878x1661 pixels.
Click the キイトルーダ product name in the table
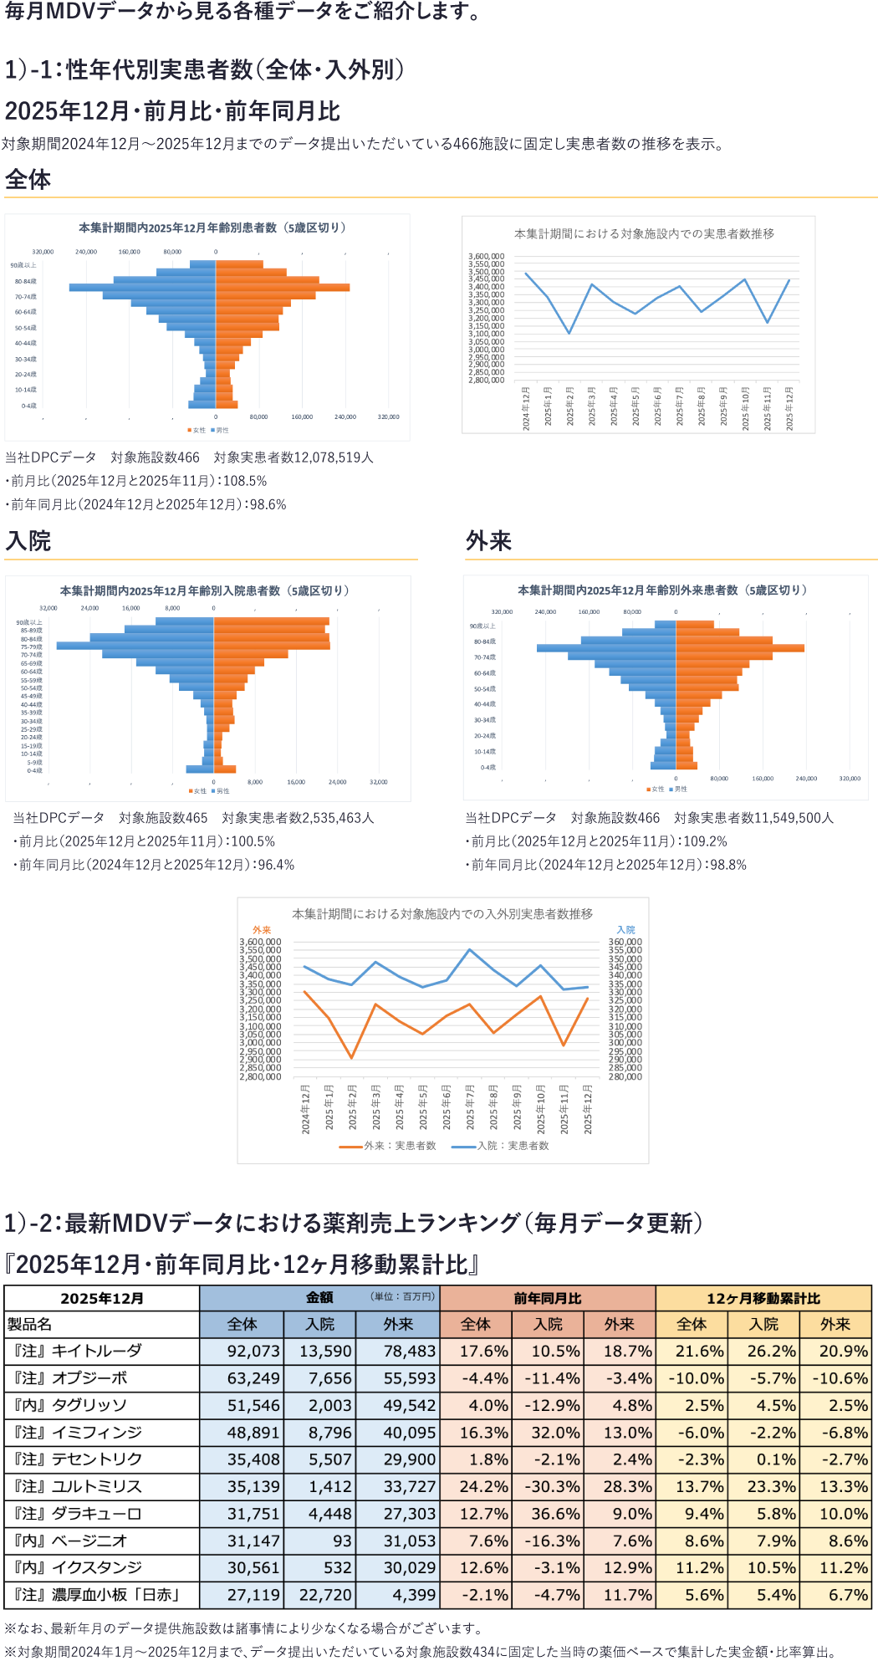96,1351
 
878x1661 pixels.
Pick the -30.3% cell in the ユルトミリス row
549,1486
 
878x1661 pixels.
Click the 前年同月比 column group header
547,1298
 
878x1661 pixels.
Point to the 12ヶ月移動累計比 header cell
763,1298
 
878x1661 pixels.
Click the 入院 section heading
28,541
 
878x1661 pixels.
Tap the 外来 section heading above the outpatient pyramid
488,541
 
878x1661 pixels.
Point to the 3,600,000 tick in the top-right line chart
486,257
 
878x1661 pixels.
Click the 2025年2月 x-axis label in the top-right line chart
569,406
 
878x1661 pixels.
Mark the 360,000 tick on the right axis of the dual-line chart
625,942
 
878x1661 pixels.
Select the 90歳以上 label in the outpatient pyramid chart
482,626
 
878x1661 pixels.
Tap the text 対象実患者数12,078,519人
294,457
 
